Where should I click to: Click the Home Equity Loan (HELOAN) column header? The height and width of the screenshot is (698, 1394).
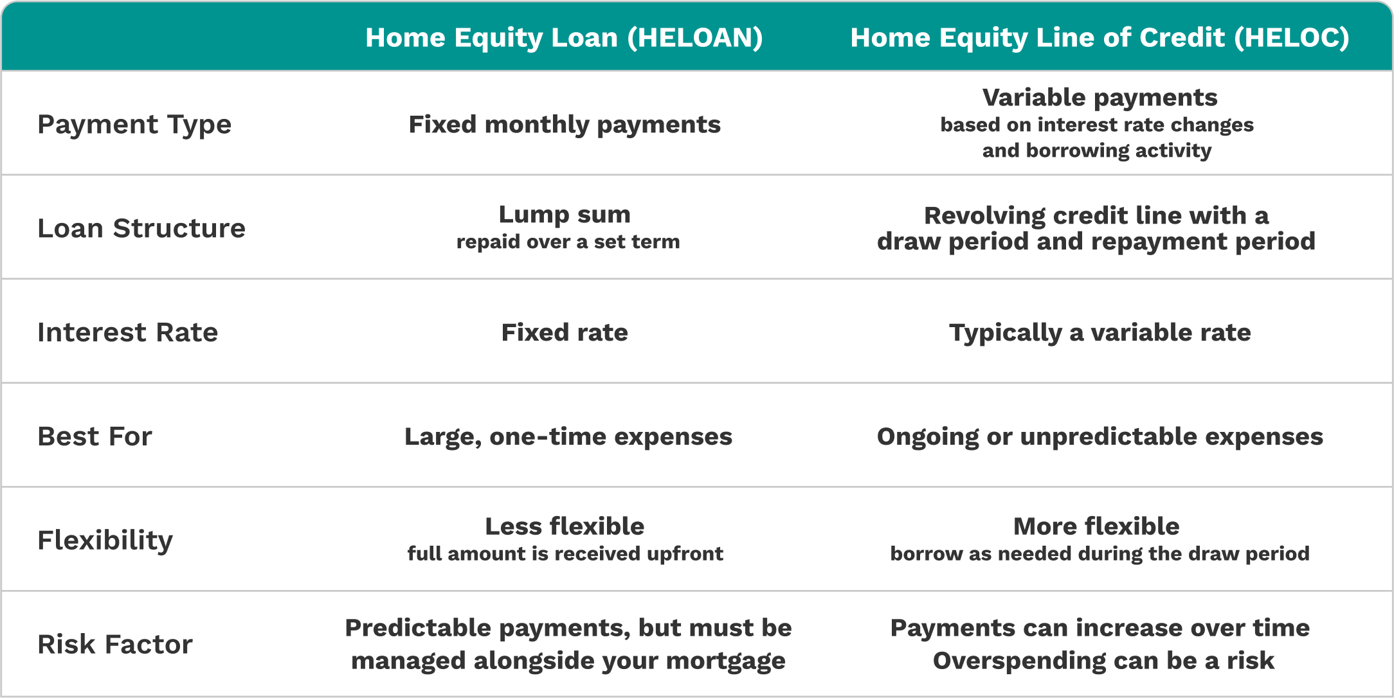click(564, 37)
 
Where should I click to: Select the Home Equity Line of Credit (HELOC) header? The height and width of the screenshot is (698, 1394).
click(1100, 37)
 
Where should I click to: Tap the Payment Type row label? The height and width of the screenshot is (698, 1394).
click(134, 125)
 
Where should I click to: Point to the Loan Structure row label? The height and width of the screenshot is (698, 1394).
click(141, 228)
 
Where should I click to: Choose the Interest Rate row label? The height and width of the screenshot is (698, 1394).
click(128, 332)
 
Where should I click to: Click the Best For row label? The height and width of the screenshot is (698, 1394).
click(95, 436)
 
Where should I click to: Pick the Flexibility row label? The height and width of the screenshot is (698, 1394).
click(105, 541)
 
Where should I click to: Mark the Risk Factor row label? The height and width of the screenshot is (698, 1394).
click(115, 644)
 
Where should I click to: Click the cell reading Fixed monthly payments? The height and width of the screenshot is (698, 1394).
click(565, 125)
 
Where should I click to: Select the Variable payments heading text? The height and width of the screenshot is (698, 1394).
click(1100, 98)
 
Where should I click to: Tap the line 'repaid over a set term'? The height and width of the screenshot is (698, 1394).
click(568, 242)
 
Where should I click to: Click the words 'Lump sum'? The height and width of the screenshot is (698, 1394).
click(565, 215)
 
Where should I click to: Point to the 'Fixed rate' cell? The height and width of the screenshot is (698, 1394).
click(565, 332)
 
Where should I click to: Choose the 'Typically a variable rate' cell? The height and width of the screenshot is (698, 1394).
click(1100, 333)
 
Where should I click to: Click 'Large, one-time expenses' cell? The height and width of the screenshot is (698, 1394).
click(568, 437)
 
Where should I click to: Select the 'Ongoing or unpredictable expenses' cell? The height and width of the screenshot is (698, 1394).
click(1100, 437)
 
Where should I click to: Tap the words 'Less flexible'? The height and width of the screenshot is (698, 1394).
click(565, 526)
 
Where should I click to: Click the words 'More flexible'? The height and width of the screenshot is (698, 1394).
click(1096, 526)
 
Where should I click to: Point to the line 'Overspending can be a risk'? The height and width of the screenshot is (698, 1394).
click(1103, 661)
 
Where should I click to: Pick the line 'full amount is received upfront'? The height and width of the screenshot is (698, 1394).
click(565, 553)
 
